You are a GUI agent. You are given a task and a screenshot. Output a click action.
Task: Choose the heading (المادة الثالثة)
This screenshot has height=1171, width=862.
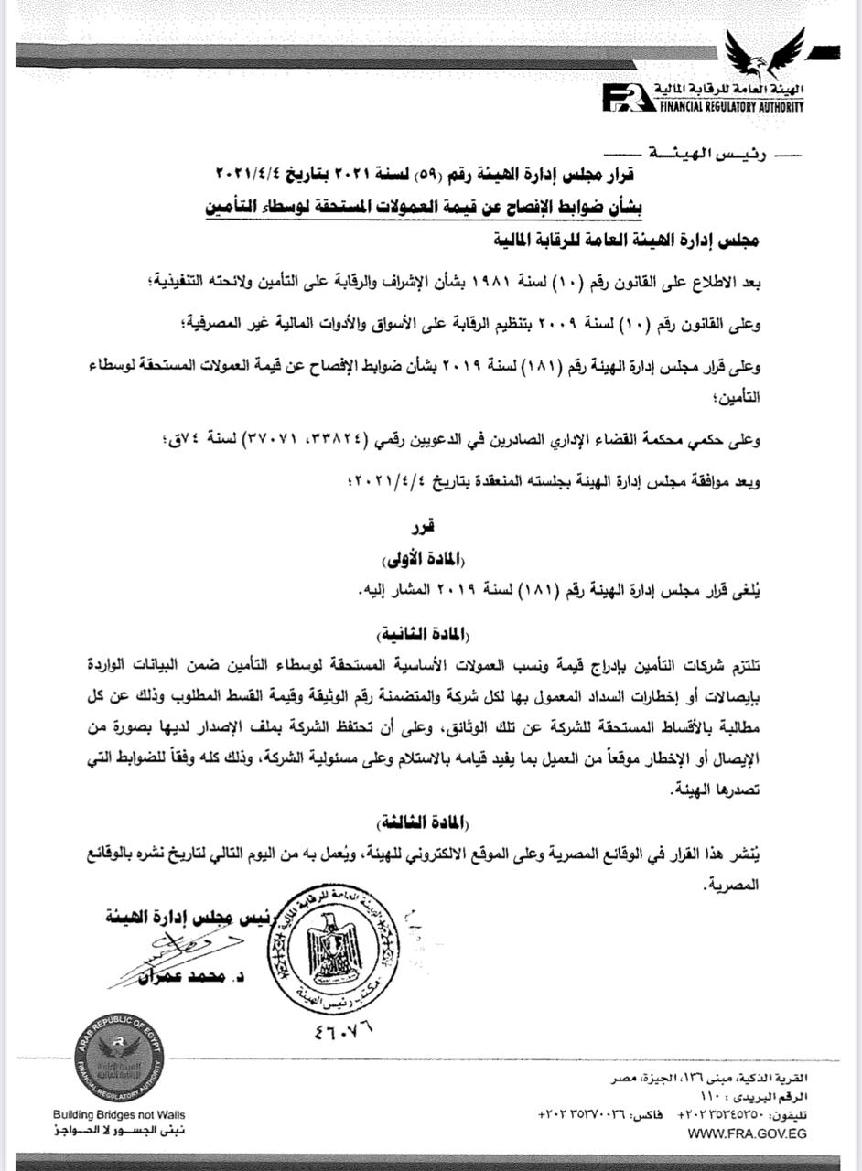click(x=429, y=820)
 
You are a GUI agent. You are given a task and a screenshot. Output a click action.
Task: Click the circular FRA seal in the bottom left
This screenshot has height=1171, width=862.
click(x=118, y=1061)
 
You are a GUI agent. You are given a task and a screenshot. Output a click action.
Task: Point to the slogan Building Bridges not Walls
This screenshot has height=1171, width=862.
click(x=118, y=1115)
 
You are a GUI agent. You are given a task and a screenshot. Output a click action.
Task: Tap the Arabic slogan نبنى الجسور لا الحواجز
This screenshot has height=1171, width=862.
click(x=118, y=1132)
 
